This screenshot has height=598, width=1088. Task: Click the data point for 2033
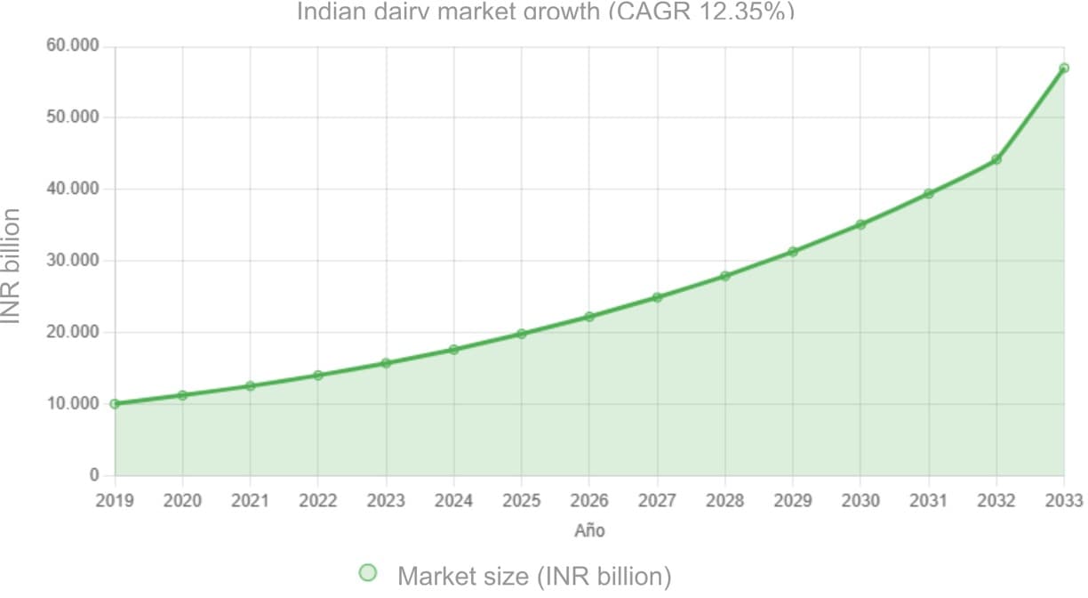[x=1063, y=69]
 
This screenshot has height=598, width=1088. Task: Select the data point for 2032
[x=996, y=159]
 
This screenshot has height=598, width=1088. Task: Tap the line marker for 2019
[x=115, y=404]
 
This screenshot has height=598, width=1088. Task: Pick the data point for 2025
[x=522, y=334]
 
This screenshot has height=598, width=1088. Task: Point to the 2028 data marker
[x=725, y=276]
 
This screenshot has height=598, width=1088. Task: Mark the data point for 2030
[x=860, y=224]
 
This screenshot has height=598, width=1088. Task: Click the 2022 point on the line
[x=318, y=376]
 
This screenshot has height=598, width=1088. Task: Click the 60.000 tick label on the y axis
[x=74, y=46]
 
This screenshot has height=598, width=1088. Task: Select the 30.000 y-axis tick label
[x=74, y=261]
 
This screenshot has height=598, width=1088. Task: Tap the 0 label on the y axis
[x=94, y=476]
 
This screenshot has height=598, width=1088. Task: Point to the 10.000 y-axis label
[x=74, y=404]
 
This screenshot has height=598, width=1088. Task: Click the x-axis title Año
[x=589, y=531]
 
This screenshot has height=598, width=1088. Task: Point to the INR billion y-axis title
[x=12, y=265]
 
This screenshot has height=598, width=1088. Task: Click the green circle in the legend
[x=368, y=573]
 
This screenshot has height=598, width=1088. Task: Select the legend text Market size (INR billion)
[x=534, y=577]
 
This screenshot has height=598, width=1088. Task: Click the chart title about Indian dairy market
[x=545, y=12]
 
